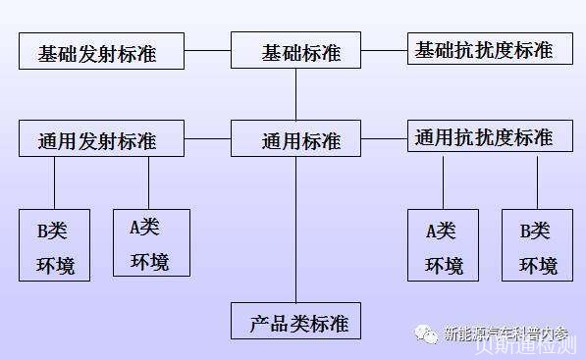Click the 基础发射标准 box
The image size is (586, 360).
pos(102,51)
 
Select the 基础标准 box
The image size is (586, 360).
pos(295,50)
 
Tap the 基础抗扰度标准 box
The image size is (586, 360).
pos(490,49)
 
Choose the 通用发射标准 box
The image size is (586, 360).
pos(102,137)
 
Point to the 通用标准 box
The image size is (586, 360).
pos(295,138)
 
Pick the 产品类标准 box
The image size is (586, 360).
pos(295,321)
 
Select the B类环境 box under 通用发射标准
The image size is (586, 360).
pos(55,245)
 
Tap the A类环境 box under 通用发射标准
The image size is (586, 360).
pos(149,242)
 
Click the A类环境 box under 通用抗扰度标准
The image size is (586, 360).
pos(443,245)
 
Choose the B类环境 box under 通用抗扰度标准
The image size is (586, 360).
pos(537,245)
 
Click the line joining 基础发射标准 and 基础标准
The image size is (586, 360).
pos(207,50)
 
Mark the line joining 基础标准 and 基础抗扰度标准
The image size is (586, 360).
pos(384,49)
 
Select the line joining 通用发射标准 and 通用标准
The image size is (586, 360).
pos(207,138)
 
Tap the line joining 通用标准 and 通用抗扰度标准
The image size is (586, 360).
pos(384,138)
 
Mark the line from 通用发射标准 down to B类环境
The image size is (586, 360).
pos(55,182)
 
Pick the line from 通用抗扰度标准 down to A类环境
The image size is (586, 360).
pos(443,181)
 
